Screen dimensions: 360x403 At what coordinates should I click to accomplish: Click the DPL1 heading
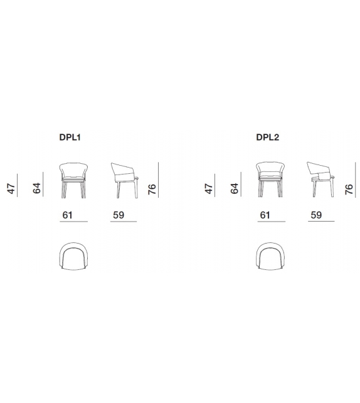pos(70,137)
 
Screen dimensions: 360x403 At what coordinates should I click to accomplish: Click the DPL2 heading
pos(267,137)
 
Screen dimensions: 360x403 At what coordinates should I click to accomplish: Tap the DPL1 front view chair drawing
pos(73,180)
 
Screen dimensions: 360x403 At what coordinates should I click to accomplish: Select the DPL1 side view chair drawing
pos(125,180)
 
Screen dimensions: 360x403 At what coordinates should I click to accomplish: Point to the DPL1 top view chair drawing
pos(73,256)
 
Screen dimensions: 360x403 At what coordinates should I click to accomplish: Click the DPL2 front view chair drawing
pos(270,180)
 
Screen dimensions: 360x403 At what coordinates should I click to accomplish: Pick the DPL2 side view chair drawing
pos(321,180)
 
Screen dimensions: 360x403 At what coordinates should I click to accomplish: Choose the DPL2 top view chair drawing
pos(270,256)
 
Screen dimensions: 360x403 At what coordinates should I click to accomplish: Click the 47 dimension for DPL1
pos(11,188)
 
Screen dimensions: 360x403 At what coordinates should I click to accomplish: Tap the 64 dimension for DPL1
pos(37,188)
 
